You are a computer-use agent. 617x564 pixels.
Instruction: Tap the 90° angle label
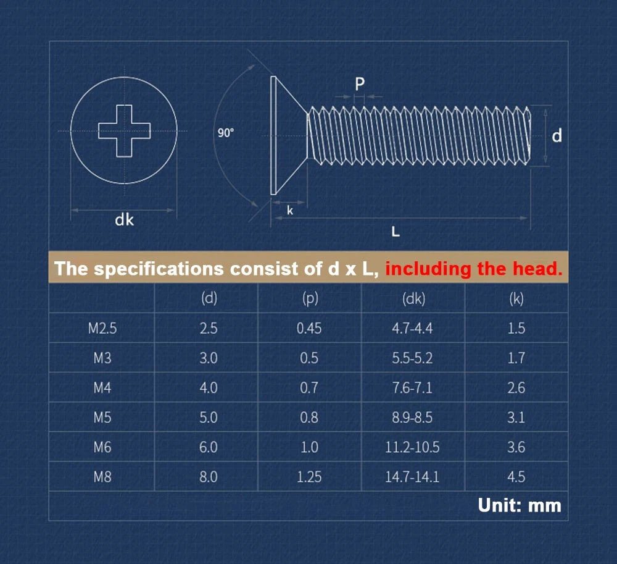tap(226, 133)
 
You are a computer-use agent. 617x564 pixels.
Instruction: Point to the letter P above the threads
tap(360, 84)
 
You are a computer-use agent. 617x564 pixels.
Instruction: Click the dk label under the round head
tap(124, 220)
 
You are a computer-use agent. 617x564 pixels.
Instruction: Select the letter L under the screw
tap(395, 232)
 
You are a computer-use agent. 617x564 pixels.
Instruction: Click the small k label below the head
tap(290, 211)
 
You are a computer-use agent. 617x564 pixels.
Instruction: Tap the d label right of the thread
tap(557, 135)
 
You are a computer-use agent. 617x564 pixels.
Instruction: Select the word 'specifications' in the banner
tap(159, 269)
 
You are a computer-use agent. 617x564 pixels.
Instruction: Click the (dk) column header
tap(413, 299)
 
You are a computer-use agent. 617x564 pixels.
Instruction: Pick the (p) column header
tap(310, 299)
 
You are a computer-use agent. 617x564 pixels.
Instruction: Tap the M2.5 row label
tap(102, 328)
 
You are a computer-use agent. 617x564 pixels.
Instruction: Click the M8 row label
tap(102, 477)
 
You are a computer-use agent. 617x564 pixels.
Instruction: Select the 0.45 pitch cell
tap(309, 328)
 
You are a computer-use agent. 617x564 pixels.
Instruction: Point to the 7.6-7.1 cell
tap(412, 387)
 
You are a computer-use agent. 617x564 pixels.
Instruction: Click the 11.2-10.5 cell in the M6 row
tap(412, 447)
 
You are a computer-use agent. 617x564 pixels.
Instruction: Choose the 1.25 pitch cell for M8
tap(309, 477)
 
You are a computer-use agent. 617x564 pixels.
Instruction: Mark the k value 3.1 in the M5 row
tap(516, 417)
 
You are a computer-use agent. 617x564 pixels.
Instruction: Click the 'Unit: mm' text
tap(520, 505)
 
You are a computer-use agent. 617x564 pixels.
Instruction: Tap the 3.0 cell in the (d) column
tap(208, 358)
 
